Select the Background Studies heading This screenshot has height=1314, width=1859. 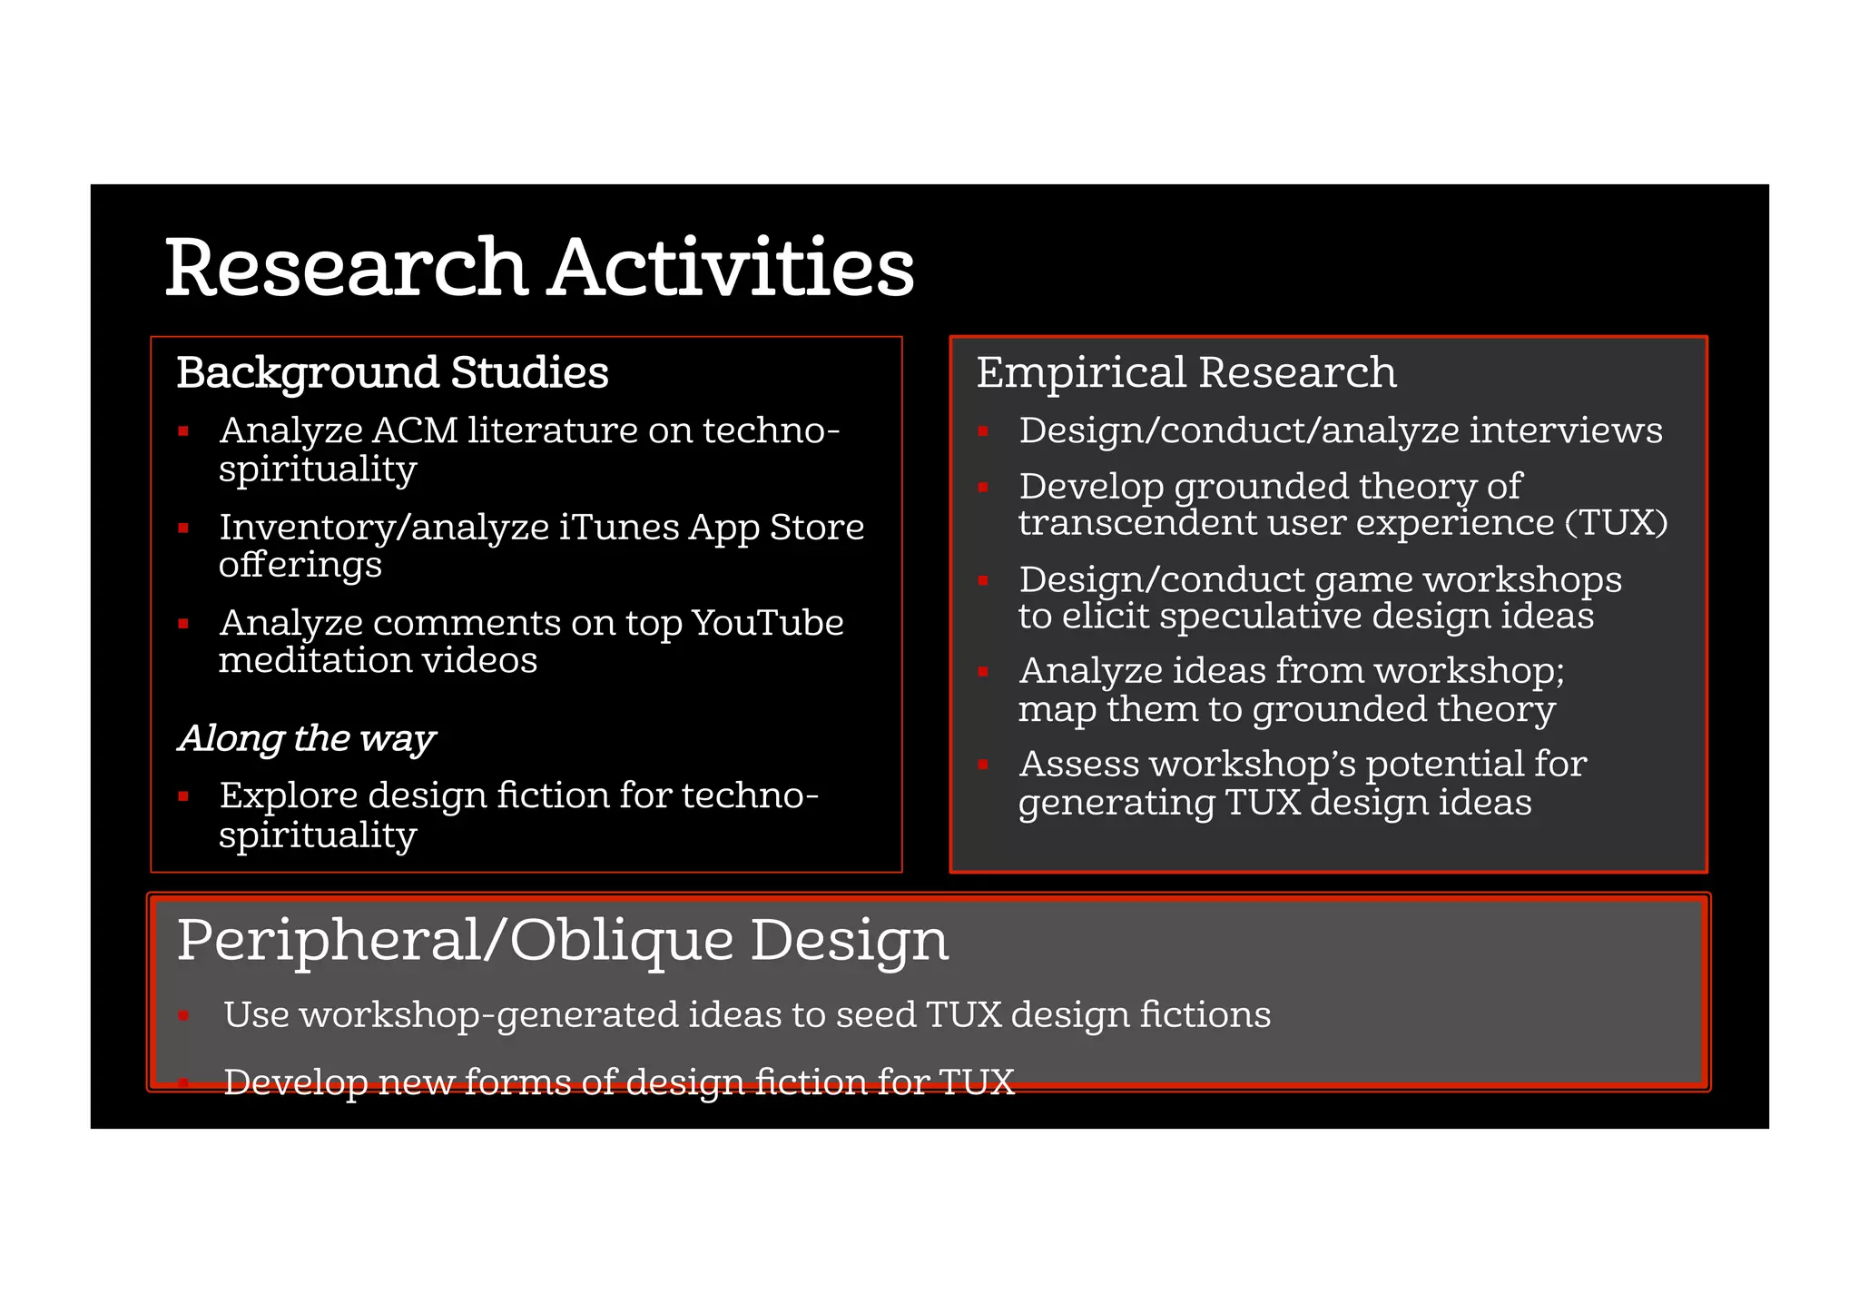(392, 372)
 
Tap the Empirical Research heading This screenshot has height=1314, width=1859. (1185, 372)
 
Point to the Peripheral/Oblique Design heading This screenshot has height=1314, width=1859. (563, 940)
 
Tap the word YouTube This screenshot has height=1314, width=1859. (767, 623)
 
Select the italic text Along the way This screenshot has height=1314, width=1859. (307, 738)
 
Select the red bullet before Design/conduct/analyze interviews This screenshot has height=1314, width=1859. (983, 431)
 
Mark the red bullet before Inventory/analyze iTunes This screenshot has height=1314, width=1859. (183, 528)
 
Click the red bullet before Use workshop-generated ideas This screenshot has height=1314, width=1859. (183, 1016)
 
